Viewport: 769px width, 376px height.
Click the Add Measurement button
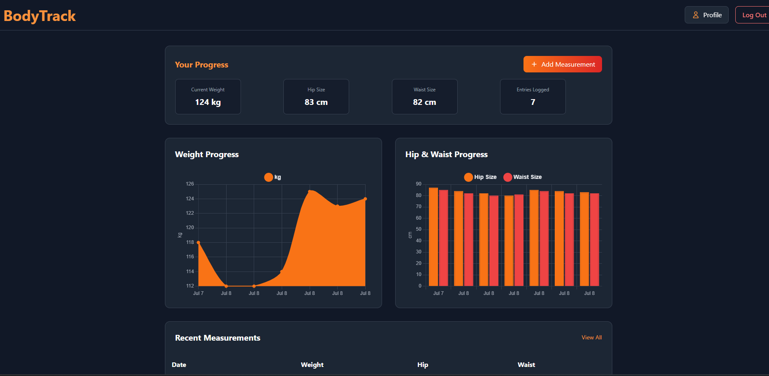point(562,64)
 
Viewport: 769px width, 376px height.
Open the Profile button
point(706,15)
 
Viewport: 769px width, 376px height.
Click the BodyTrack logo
point(40,16)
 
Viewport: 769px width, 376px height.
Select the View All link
point(591,337)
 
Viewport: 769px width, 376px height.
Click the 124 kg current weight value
point(208,102)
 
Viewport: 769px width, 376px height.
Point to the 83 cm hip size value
point(316,102)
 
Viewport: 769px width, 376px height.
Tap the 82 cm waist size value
point(424,102)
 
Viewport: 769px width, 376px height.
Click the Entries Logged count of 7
point(533,102)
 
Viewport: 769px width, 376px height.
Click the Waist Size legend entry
point(522,177)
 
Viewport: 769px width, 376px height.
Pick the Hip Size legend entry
point(480,177)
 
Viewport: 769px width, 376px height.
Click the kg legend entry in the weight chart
point(273,177)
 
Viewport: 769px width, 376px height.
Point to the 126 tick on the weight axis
point(190,184)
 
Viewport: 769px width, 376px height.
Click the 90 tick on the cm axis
point(418,184)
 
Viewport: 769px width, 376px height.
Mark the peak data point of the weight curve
point(310,191)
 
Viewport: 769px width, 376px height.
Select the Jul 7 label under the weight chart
point(198,293)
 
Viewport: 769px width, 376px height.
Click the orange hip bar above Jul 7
point(433,237)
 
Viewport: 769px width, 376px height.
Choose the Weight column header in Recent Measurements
point(312,364)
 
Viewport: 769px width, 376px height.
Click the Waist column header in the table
point(526,364)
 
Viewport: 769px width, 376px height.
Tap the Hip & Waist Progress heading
point(446,154)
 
